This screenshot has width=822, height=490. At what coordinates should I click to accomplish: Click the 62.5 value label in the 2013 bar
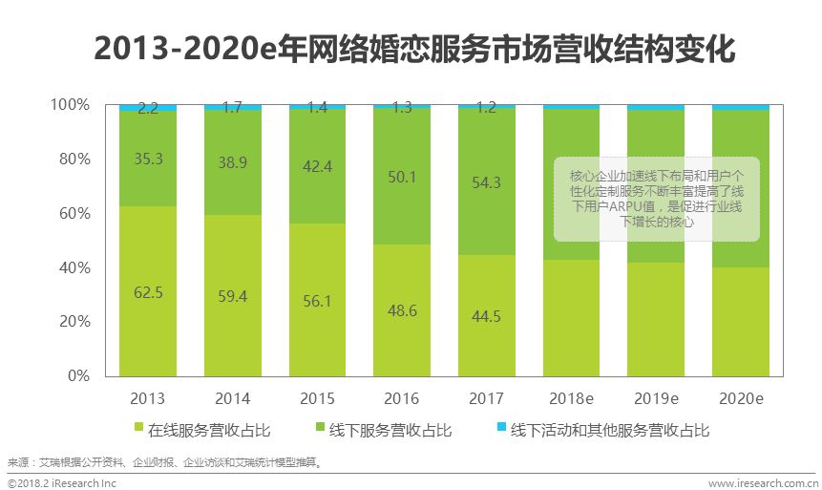tap(148, 292)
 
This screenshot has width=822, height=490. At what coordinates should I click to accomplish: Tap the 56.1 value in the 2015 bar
tap(317, 301)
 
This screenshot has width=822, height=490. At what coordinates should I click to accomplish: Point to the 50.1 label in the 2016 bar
tap(402, 175)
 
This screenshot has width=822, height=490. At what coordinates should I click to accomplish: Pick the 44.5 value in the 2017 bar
tap(486, 316)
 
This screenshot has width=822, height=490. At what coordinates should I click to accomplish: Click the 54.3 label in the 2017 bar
tap(486, 181)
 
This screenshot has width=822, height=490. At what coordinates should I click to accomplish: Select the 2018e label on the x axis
tap(571, 397)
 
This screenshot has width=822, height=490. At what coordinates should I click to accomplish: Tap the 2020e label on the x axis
tap(741, 397)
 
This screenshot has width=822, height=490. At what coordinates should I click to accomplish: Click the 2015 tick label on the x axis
tap(317, 397)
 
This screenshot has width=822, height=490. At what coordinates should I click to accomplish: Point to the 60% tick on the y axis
tap(70, 213)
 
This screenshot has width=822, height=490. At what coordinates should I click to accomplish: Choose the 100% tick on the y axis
tap(67, 104)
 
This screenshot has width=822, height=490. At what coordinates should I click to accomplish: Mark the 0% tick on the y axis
tap(74, 376)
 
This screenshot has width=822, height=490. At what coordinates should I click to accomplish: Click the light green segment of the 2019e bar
tap(656, 320)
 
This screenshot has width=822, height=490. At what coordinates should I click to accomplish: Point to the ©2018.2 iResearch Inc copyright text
tap(63, 483)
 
